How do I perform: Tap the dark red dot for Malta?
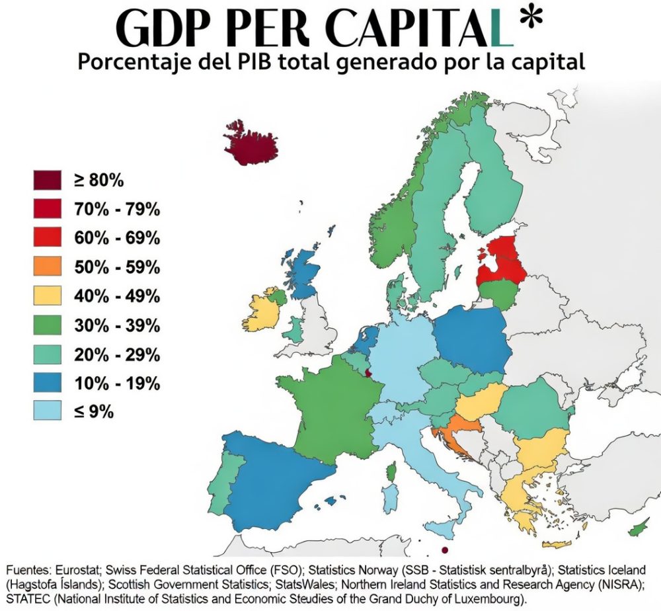(x=445, y=550)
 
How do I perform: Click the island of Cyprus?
(x=639, y=528)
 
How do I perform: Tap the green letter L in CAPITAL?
(x=500, y=30)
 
